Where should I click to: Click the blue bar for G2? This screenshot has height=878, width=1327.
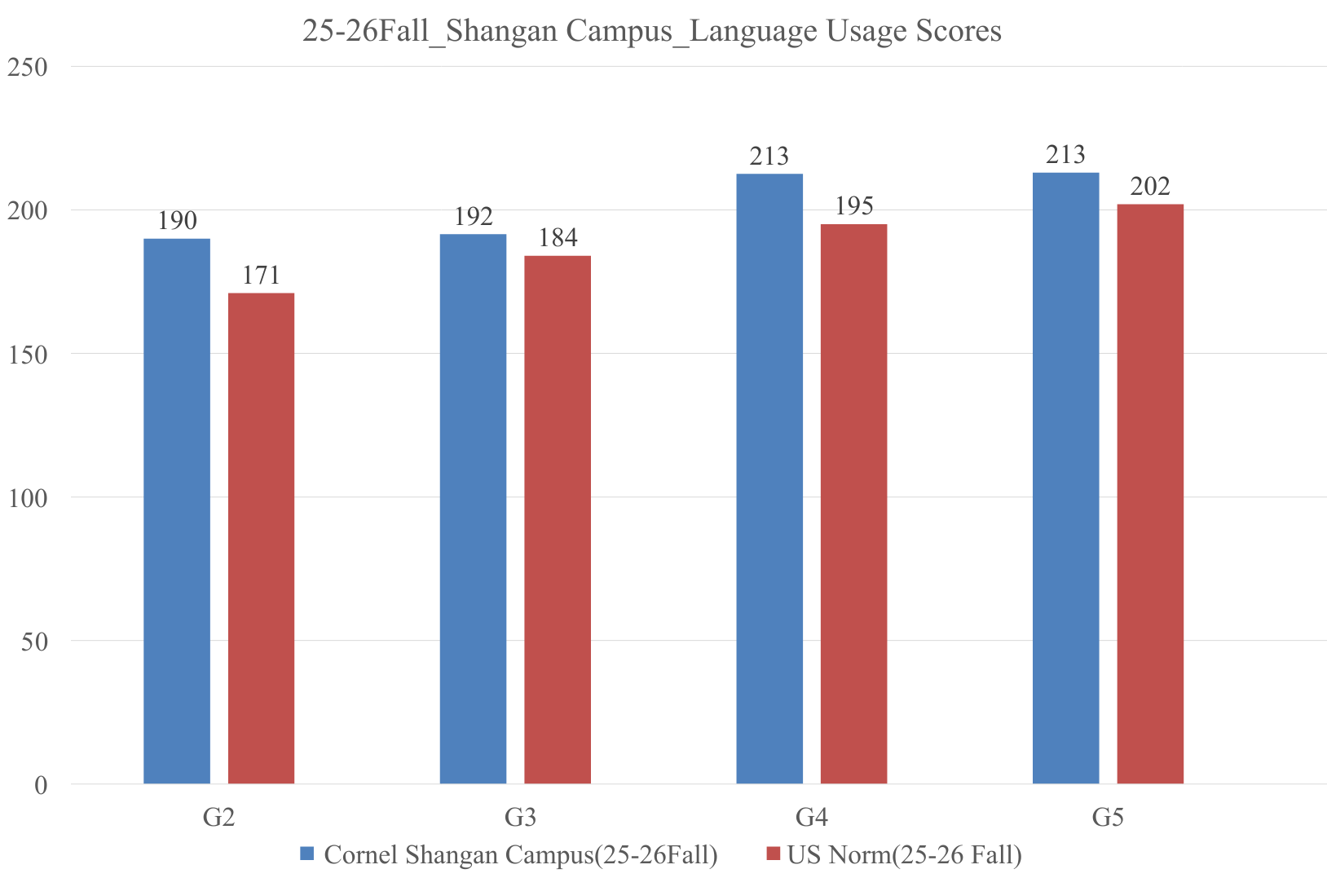coord(177,511)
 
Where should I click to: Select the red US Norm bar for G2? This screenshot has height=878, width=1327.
coord(261,538)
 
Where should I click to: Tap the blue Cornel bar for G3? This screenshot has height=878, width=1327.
coord(473,509)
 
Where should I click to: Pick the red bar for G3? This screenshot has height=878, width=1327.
coord(558,520)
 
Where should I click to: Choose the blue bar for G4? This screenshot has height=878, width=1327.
coord(769,479)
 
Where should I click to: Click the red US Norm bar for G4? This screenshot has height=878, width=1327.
coord(853,504)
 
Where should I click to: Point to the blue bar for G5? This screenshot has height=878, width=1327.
coord(1065,479)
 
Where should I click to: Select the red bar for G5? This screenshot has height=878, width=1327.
coord(1150,494)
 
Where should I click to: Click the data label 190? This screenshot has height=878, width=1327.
coord(177,221)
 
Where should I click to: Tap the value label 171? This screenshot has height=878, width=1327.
coord(261,276)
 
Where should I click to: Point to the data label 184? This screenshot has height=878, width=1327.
coord(558,238)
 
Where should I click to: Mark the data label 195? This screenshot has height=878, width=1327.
coord(853,206)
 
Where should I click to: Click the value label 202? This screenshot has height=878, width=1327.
coord(1150,187)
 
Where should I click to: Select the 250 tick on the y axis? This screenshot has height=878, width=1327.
coord(27,67)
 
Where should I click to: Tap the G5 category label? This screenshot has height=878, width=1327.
coord(1108,817)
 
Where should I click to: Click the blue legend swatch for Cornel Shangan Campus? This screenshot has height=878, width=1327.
coord(307,854)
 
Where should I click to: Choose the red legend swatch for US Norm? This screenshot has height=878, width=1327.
coord(774,854)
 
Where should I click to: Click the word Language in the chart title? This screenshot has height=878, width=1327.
coord(749,31)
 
